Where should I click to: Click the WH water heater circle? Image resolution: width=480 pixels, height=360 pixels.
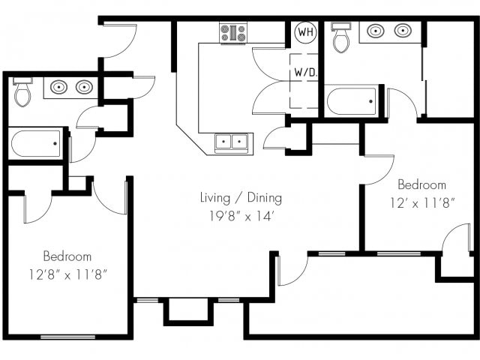click(305, 31)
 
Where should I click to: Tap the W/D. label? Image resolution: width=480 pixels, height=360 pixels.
click(305, 72)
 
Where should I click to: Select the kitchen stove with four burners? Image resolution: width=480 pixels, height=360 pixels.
click(233, 33)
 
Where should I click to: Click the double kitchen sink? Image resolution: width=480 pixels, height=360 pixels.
click(232, 142)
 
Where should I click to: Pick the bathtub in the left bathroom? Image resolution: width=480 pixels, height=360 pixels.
click(36, 143)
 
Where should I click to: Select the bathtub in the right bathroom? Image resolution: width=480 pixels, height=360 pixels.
click(352, 101)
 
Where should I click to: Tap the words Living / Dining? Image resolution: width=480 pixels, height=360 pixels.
click(241, 198)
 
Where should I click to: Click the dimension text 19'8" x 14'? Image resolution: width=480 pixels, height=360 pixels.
click(241, 216)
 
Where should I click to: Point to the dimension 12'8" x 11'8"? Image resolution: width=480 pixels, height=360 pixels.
click(67, 274)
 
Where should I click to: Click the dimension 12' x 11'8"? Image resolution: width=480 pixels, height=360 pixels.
click(421, 203)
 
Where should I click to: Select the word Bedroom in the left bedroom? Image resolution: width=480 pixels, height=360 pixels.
click(67, 256)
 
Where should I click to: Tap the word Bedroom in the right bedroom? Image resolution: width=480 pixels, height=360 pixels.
click(421, 184)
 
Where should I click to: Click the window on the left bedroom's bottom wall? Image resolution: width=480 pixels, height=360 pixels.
click(67, 337)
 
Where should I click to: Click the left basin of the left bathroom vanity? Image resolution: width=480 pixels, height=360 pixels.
click(58, 87)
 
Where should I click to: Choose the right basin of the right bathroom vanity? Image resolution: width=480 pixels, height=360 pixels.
click(402, 31)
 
